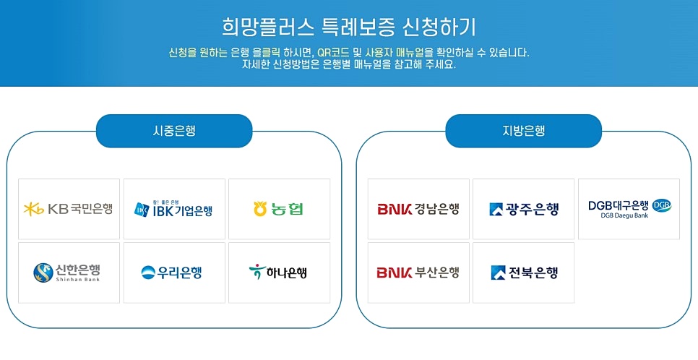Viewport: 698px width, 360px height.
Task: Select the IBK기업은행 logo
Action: click(x=174, y=209)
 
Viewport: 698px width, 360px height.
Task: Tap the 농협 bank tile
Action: click(x=279, y=209)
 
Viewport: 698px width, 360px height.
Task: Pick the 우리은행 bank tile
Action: click(x=174, y=273)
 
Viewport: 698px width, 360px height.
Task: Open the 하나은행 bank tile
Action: click(x=279, y=273)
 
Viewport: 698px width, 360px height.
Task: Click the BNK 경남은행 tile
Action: click(x=418, y=209)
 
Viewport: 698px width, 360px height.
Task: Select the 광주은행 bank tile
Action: click(x=523, y=209)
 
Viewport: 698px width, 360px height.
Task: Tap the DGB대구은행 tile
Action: click(x=629, y=209)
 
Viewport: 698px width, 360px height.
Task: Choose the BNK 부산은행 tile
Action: click(x=418, y=273)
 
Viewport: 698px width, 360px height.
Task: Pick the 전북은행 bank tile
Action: click(x=523, y=273)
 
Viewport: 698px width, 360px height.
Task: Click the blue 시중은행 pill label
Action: click(x=174, y=131)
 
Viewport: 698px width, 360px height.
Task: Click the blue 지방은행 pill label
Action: click(x=523, y=131)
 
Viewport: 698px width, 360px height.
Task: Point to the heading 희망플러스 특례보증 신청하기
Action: click(x=349, y=27)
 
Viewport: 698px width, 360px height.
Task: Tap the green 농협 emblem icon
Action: click(x=260, y=209)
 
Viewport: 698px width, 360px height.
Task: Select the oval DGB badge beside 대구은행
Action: click(x=662, y=205)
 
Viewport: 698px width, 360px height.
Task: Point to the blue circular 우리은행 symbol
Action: click(x=147, y=273)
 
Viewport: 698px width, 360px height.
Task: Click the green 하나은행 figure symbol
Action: click(x=255, y=273)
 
